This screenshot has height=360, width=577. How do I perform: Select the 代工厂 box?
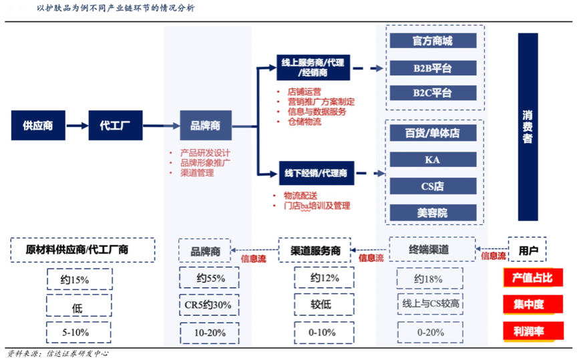(x=115, y=125)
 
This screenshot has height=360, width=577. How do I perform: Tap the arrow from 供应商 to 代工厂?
(x=76, y=125)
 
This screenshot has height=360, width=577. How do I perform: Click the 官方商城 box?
(x=432, y=41)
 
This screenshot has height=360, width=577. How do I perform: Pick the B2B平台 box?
(x=432, y=68)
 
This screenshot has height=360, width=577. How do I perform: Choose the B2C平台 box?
(x=432, y=93)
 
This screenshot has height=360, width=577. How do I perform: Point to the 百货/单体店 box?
(x=432, y=133)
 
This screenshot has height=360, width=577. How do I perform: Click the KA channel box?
(x=432, y=160)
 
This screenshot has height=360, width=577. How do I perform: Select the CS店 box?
(x=432, y=186)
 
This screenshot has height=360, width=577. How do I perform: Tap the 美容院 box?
(x=432, y=213)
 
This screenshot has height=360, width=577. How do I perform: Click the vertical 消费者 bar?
(x=528, y=127)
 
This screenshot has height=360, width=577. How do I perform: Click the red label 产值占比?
(x=532, y=278)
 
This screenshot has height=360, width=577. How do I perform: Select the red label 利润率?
(x=532, y=330)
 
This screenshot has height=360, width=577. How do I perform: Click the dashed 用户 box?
(x=528, y=249)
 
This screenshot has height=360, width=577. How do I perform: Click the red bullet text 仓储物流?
(x=304, y=122)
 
